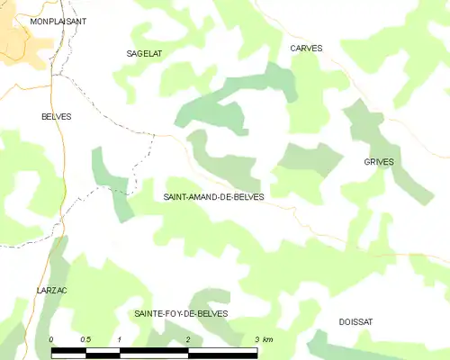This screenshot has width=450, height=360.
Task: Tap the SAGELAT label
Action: pos(144,54)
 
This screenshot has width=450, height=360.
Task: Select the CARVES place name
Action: pos(306,48)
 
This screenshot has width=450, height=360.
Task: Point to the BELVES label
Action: pos(56,117)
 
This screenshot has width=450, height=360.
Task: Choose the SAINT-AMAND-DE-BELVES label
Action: pos(213,196)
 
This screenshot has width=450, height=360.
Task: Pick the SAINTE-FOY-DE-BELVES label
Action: pos(181,313)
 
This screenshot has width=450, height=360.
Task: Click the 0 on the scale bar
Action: pos(51,339)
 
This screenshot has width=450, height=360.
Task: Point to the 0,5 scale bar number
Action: pos(85,339)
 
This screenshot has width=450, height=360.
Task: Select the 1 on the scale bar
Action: pos(119,339)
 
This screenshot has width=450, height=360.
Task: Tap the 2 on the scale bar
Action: pos(187,339)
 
